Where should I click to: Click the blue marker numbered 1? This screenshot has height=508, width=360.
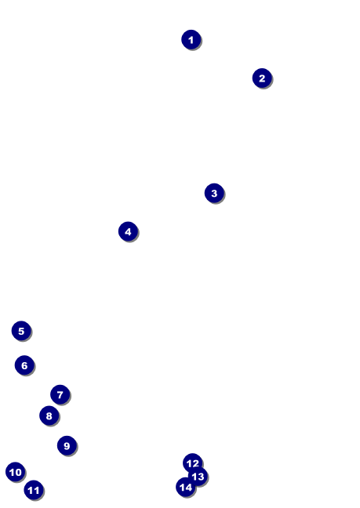[191, 39]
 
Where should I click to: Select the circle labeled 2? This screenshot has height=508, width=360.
[262, 78]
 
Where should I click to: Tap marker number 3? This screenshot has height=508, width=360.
[214, 193]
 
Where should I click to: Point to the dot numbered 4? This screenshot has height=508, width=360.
[129, 231]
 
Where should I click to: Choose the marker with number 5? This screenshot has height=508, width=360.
[21, 331]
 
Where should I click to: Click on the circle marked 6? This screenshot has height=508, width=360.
[24, 365]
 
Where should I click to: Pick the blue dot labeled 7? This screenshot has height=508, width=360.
[60, 394]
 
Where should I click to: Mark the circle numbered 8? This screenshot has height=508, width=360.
[49, 415]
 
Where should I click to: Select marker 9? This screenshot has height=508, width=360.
[67, 445]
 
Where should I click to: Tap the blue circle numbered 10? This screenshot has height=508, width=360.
[15, 472]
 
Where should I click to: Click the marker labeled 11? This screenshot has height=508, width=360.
[34, 490]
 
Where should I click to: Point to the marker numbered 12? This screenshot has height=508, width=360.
[193, 463]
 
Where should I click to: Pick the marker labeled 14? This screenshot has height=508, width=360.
[186, 487]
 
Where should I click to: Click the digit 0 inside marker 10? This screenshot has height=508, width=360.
[18, 473]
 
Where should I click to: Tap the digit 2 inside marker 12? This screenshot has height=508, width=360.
[196, 464]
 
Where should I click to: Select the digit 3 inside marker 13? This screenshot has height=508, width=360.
[201, 477]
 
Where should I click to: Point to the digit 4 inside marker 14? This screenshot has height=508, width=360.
[188, 488]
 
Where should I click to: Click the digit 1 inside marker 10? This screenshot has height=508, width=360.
[12, 473]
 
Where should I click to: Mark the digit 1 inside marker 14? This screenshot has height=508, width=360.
[182, 488]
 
